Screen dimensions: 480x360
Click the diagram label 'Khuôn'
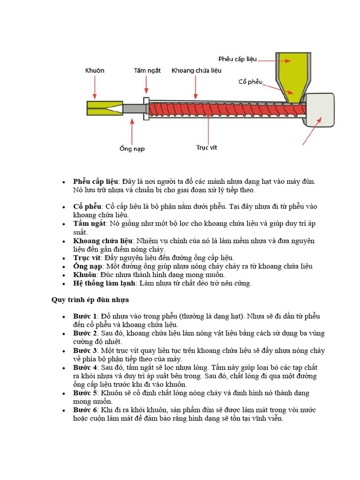95,71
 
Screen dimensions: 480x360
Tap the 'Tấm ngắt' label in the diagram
147,71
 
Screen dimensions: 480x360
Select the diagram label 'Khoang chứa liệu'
196,71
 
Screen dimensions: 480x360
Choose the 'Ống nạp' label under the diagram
132,149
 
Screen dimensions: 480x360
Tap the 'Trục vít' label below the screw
207,148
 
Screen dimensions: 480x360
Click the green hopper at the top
292,70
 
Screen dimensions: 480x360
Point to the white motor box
319,109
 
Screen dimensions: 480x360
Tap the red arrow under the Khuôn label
95,88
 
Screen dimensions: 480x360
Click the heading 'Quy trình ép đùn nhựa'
90,300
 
